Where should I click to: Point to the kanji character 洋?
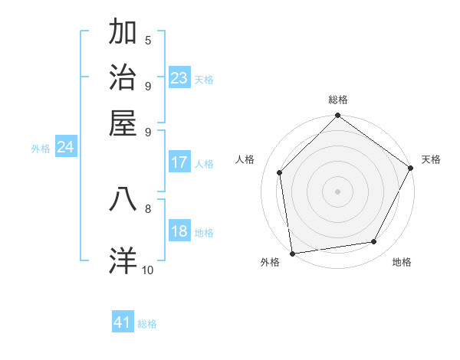[123, 260]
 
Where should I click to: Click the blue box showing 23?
[179, 78]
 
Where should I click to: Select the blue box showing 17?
[179, 162]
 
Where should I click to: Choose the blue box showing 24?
[65, 148]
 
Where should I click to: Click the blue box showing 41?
[123, 322]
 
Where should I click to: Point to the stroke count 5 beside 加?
[148, 40]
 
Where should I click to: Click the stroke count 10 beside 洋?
[148, 270]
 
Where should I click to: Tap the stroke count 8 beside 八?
[148, 208]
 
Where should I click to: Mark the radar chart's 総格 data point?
[337, 116]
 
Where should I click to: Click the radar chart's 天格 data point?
[411, 168]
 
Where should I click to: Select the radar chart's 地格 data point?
[374, 242]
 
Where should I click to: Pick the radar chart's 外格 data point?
[292, 253]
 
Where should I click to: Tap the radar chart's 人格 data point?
[280, 172]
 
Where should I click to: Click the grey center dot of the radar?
[337, 191]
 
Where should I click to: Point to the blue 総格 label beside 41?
[147, 324]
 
